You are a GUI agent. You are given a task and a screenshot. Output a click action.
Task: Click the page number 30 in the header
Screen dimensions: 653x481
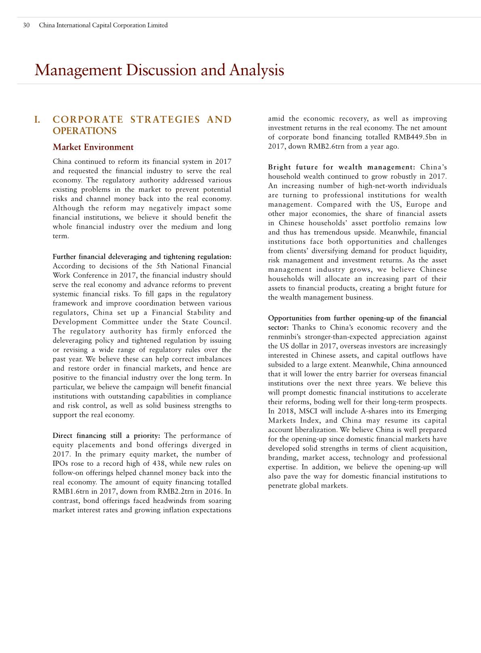[x=26, y=25]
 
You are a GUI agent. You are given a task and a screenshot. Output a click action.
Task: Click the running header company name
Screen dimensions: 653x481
[x=103, y=25]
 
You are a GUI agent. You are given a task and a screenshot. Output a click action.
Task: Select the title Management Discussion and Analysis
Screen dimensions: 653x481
[x=159, y=70]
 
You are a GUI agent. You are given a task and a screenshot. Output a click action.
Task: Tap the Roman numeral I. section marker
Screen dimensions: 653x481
[x=37, y=120]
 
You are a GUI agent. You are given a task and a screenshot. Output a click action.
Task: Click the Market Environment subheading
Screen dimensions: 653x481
[x=93, y=147]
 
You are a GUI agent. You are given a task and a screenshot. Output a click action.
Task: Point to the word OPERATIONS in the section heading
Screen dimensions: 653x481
[x=84, y=131]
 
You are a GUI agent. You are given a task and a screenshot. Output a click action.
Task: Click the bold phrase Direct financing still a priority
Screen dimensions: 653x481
[x=106, y=435]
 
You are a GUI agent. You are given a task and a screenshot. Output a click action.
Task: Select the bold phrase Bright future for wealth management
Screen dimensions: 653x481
[x=342, y=167]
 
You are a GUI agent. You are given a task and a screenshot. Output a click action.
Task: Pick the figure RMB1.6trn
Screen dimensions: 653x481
[x=70, y=491]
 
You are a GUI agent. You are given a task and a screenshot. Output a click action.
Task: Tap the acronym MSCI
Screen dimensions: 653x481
[x=310, y=411]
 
